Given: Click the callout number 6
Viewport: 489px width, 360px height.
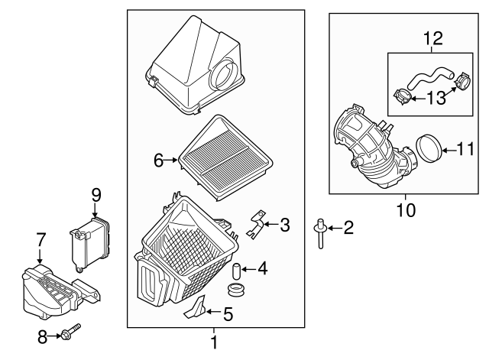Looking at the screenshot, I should [x=158, y=160].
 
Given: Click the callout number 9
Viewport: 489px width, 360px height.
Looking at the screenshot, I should [x=96, y=196].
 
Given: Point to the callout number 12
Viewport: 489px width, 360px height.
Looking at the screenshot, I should [x=433, y=37].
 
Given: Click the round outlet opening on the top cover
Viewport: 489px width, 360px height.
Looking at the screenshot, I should [x=228, y=76].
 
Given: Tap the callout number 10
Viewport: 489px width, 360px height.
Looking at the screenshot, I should [x=406, y=209].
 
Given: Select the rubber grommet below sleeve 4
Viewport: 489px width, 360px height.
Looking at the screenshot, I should [x=238, y=291].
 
